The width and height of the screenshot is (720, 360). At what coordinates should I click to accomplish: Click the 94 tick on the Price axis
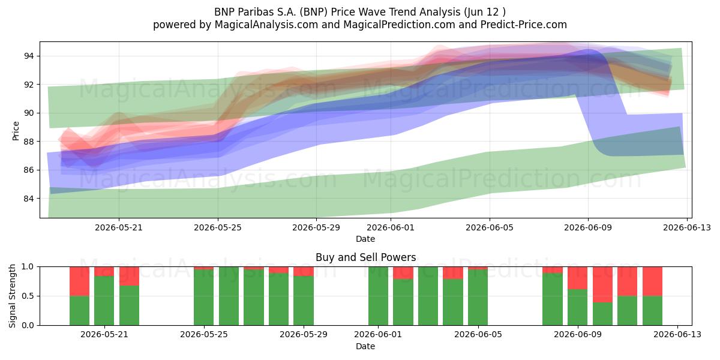tap(28, 56)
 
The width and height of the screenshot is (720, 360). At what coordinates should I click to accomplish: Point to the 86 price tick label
tap(28, 170)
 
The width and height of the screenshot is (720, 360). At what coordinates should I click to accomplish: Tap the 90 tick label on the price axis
tap(28, 113)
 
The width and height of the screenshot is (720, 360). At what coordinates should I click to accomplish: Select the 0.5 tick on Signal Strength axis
tap(28, 296)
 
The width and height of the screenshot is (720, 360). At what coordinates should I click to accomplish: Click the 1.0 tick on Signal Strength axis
tap(28, 267)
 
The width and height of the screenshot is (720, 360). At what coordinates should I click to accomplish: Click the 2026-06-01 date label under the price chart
tap(391, 227)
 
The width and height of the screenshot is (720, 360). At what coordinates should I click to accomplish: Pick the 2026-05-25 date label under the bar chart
tap(204, 335)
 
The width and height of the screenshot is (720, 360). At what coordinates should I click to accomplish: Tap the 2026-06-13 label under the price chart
tap(687, 227)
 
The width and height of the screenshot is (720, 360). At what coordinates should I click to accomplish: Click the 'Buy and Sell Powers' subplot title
tap(366, 257)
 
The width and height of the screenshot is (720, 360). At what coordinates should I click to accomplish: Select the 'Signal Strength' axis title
tap(12, 296)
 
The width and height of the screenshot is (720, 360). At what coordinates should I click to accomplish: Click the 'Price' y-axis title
tap(16, 131)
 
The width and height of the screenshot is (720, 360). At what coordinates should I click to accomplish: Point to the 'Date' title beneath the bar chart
tap(365, 347)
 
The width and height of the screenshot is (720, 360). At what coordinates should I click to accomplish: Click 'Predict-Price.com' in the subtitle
tap(524, 25)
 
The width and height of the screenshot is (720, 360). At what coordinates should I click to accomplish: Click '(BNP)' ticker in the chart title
tap(313, 12)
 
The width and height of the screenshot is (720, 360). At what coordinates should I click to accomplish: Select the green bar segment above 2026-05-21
tap(104, 301)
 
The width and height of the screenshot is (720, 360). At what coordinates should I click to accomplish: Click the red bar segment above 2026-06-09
tap(578, 278)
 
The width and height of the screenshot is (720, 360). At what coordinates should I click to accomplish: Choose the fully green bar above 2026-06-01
tap(379, 296)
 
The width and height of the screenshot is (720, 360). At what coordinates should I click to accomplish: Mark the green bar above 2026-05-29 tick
tap(304, 301)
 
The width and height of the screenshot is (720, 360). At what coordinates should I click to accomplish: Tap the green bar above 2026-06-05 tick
tap(478, 298)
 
